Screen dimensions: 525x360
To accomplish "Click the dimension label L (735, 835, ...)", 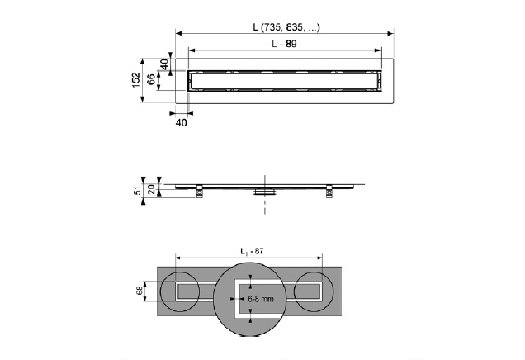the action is pos(286,27).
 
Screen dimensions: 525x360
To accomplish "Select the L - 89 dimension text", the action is pos(284,44).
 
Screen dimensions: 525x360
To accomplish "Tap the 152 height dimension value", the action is pos(135,80).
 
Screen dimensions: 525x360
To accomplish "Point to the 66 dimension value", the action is pos(151,79).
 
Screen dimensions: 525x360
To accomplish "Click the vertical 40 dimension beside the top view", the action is pos(164,64).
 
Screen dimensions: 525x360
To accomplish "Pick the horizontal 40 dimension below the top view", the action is pos(182,123).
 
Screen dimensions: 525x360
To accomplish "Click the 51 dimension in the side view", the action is pos(137,191).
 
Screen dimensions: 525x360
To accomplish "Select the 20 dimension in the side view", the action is pos(152,190).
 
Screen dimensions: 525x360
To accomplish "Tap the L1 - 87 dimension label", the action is pos(252,251).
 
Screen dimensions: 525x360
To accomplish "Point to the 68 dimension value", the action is pos(140,291).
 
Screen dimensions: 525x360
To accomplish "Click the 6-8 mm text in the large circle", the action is pos(261,299).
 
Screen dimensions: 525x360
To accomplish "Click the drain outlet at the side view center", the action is pos(265,192).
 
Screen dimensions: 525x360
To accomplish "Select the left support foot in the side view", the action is pos(200,191).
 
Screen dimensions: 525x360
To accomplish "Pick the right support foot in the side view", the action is pos(329,191).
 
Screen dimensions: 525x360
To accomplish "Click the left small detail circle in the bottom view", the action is pos(180,291).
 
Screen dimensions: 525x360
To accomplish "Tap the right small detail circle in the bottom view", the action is pos(314,291).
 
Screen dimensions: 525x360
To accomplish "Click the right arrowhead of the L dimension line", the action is pos(390,33).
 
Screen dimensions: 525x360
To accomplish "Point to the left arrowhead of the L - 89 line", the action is pos(192,50).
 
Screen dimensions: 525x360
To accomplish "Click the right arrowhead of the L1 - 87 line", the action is pos(319,258).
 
